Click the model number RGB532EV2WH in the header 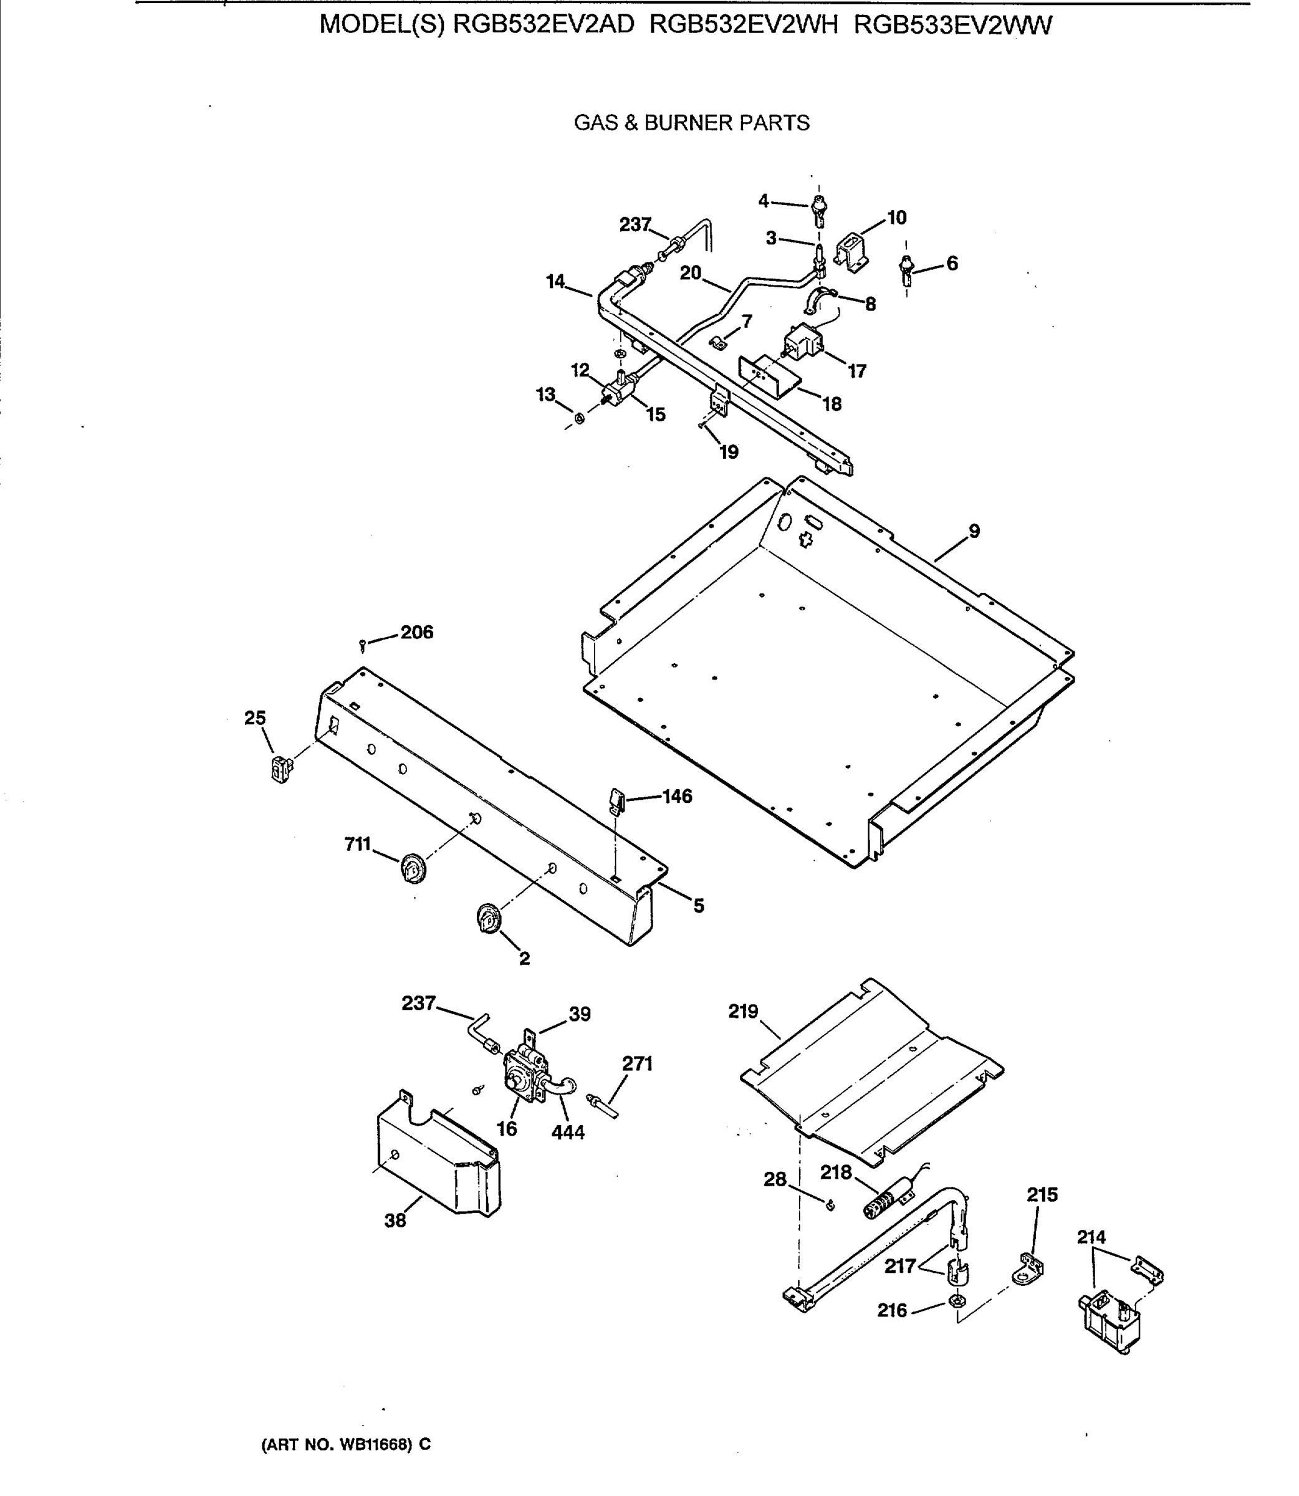(744, 26)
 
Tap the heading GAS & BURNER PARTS (691, 123)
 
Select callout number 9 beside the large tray (974, 531)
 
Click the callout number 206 (417, 632)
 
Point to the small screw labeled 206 (362, 644)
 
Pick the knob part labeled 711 (413, 868)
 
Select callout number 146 (677, 796)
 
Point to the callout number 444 (568, 1132)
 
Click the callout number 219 (743, 1011)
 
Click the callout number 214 (1091, 1237)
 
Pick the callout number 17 (857, 371)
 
